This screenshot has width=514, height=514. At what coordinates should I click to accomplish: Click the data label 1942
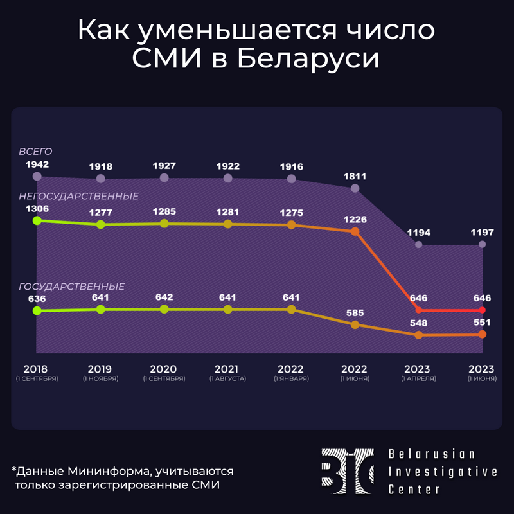tap(37, 164)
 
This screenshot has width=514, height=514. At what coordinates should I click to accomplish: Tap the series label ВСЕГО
tap(35, 152)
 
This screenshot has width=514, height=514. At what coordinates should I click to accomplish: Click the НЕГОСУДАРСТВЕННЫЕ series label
tap(78, 196)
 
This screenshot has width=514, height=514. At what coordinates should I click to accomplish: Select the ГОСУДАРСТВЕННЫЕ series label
tap(71, 287)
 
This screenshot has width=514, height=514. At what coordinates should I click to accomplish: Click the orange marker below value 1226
tap(355, 231)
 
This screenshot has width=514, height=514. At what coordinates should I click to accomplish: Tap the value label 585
tap(355, 314)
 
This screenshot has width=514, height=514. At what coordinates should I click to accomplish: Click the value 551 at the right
tap(482, 323)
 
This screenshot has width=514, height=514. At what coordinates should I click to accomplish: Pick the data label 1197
tap(482, 232)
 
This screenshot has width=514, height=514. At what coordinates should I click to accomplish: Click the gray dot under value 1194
tap(418, 244)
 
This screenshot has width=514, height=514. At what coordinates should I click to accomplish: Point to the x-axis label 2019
tap(100, 369)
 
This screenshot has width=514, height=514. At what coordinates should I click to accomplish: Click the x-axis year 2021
tap(227, 369)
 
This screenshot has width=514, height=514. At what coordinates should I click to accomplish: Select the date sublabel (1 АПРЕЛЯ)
tap(418, 379)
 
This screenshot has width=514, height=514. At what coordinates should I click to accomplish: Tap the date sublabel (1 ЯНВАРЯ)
tap(291, 379)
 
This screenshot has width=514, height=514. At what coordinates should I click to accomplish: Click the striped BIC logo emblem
tap(348, 472)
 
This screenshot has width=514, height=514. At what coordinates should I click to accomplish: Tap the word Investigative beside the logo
tap(443, 472)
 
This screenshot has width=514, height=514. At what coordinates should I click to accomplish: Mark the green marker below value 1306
tap(37, 220)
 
